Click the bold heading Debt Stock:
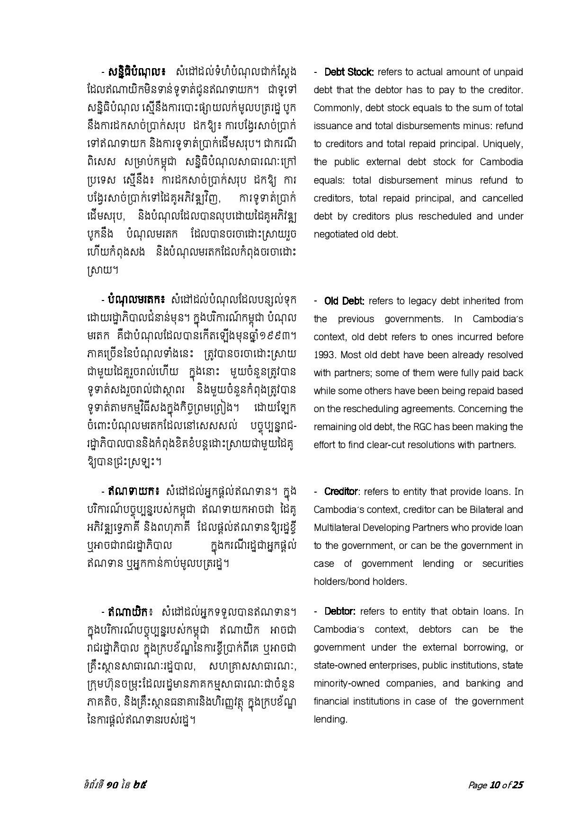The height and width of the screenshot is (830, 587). [349, 72]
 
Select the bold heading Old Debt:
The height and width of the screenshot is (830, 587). [344, 301]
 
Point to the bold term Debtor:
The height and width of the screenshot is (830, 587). [340, 611]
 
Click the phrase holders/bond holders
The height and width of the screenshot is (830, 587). [360, 582]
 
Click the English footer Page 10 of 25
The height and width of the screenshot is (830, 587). [496, 785]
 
